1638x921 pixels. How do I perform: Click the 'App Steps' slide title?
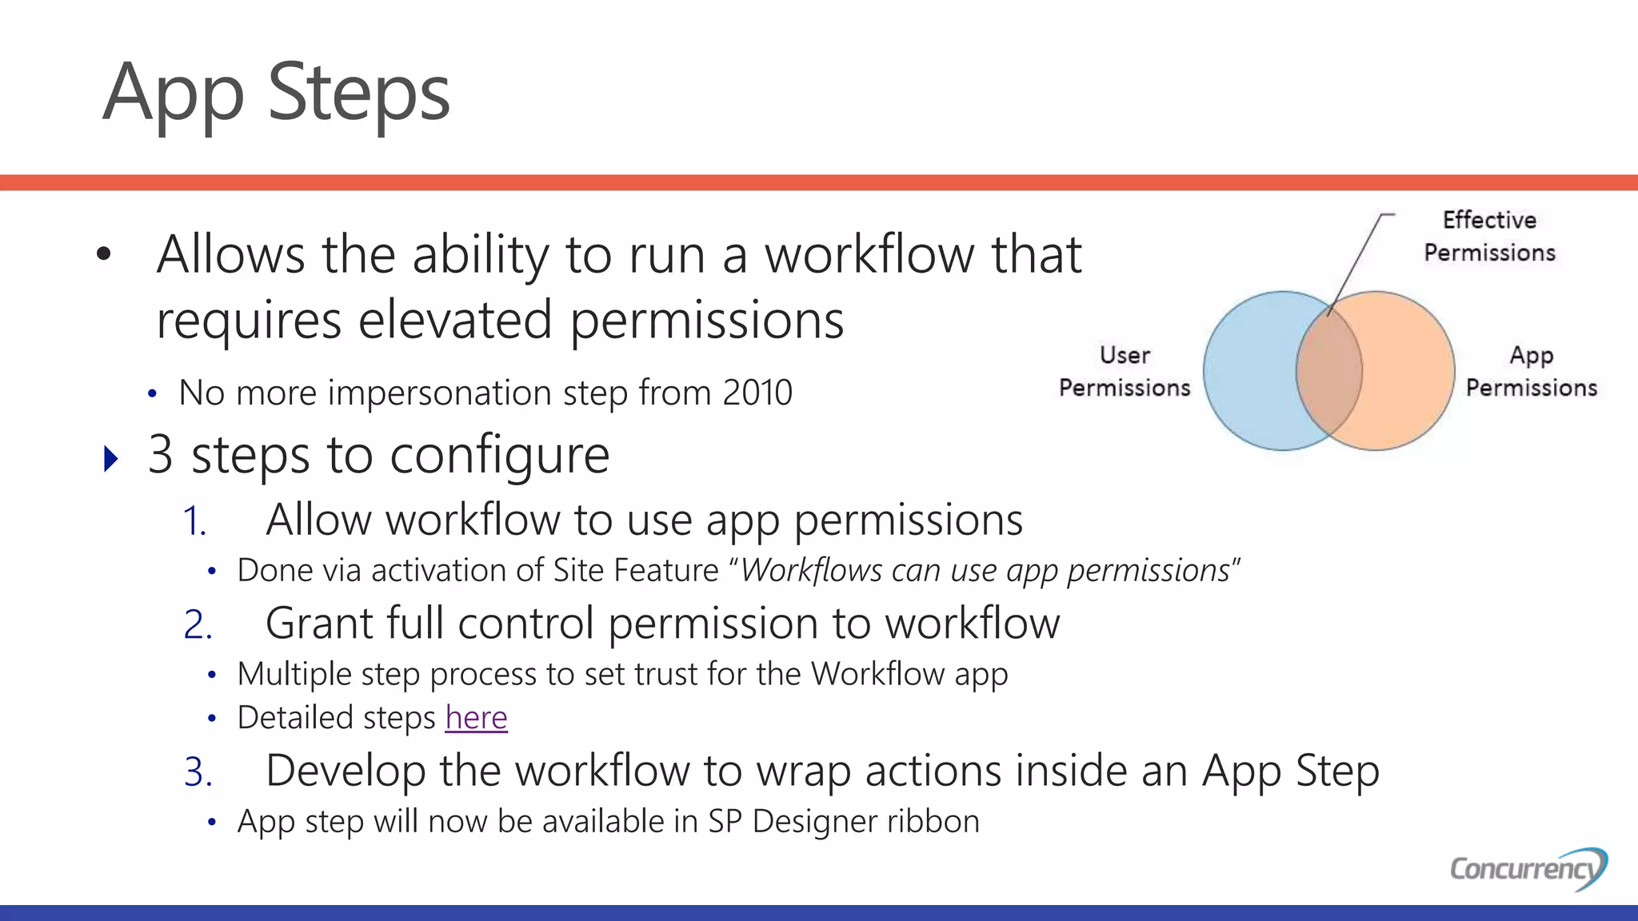coord(276,94)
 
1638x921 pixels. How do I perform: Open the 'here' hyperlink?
coord(476,718)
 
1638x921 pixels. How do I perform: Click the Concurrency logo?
coord(1528,868)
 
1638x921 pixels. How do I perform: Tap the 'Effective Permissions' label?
coord(1489,236)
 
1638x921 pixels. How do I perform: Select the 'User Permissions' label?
coord(1125,372)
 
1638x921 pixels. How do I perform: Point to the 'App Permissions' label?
coord(1531,372)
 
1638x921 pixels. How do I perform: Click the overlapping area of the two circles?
coord(1328,371)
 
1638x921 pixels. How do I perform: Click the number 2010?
coord(757,393)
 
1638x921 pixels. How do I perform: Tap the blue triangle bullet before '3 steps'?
coord(111,459)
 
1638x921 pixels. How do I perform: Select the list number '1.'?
coord(194,522)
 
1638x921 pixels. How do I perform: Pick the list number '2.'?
coord(198,625)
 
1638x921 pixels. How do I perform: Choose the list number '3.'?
coord(198,773)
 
